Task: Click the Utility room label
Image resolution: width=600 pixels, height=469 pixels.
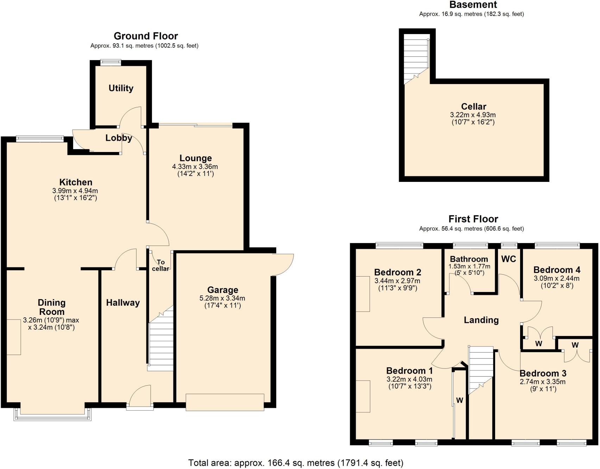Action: point(121,88)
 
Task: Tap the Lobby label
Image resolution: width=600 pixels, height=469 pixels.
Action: point(119,138)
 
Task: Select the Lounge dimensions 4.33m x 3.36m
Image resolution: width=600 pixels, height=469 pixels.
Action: point(195,166)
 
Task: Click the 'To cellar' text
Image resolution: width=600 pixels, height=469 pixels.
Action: point(160,265)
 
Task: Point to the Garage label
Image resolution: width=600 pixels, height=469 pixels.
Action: point(222,290)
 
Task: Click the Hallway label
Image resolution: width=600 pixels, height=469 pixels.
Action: point(123,303)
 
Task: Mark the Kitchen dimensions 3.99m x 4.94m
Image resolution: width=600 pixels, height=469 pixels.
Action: point(75,191)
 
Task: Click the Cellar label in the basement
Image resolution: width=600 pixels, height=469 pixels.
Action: point(473,107)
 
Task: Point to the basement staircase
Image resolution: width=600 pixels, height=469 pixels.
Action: point(416,58)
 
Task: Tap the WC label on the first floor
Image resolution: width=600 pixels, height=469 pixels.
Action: point(508,259)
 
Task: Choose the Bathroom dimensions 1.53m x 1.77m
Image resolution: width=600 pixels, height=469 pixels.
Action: point(469,266)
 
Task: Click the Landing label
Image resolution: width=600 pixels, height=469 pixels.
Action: point(481,320)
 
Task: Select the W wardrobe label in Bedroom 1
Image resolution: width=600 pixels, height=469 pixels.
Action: point(460,400)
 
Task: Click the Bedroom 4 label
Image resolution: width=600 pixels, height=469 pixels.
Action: point(557,270)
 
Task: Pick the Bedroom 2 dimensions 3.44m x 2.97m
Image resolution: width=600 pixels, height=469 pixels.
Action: point(397,281)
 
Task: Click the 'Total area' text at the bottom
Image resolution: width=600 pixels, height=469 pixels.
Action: point(296,463)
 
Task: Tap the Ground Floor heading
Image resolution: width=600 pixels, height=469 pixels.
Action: point(146,36)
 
